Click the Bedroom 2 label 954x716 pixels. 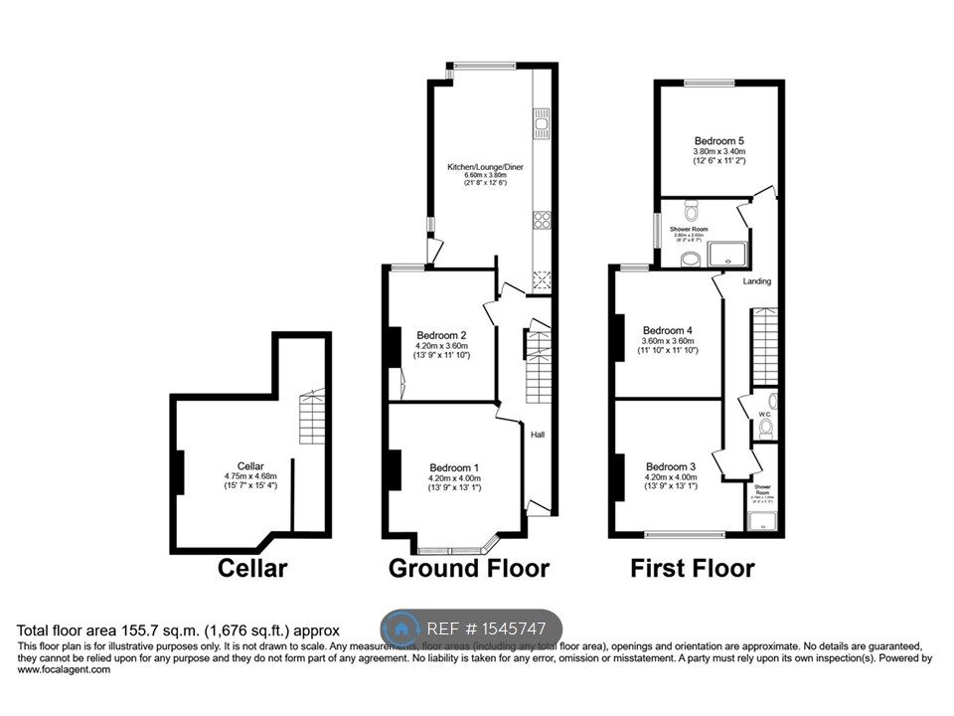[449, 334]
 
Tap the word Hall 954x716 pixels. [538, 435]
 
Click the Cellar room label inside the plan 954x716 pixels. [249, 465]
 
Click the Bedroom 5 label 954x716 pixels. [719, 140]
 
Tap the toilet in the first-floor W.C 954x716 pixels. [764, 429]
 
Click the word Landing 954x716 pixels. [757, 281]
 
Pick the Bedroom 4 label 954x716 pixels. [667, 330]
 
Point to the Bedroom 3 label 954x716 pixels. [671, 466]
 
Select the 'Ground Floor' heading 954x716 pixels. [468, 569]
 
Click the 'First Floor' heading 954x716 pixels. [692, 569]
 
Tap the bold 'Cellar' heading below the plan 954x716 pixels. [252, 569]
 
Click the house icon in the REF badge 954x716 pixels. [401, 628]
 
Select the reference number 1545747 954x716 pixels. [510, 628]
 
